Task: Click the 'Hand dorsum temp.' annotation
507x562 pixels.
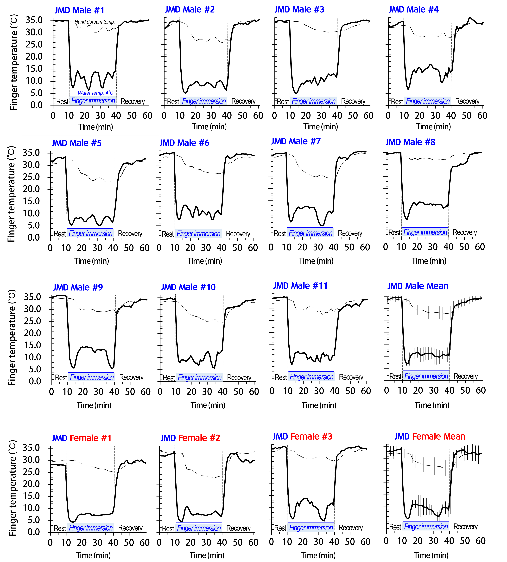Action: (95, 22)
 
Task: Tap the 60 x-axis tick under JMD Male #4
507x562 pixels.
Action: (482, 116)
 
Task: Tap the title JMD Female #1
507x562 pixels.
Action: (82, 438)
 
